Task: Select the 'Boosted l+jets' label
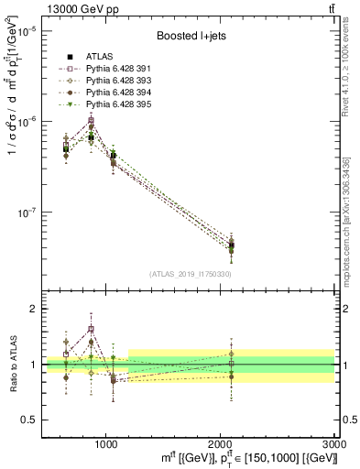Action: [190, 37]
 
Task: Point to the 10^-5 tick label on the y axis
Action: [28, 31]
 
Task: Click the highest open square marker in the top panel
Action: [91, 121]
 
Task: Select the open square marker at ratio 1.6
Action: [91, 330]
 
